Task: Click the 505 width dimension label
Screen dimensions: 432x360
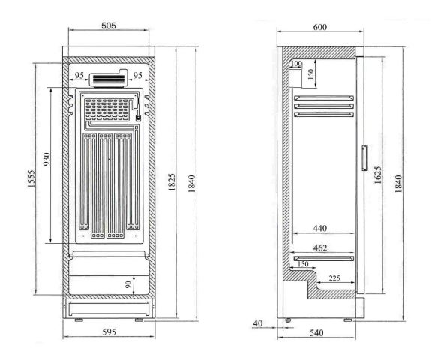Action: coord(109,25)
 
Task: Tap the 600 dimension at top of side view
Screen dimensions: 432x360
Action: coord(320,27)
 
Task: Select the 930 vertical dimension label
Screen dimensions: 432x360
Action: coord(46,159)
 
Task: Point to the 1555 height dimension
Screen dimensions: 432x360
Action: coord(31,179)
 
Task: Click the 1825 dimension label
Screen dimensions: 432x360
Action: coord(171,182)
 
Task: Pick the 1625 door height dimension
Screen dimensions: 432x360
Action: coord(377,175)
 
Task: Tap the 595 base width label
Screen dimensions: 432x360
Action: coord(109,332)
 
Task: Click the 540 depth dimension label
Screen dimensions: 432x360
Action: coord(316,333)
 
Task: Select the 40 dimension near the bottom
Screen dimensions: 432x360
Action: coord(258,322)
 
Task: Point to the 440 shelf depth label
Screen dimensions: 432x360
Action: coord(320,228)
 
